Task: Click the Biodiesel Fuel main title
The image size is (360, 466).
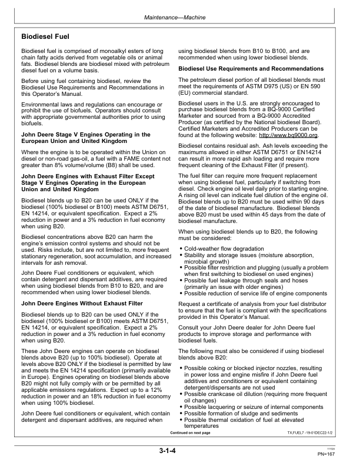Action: click(46, 36)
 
